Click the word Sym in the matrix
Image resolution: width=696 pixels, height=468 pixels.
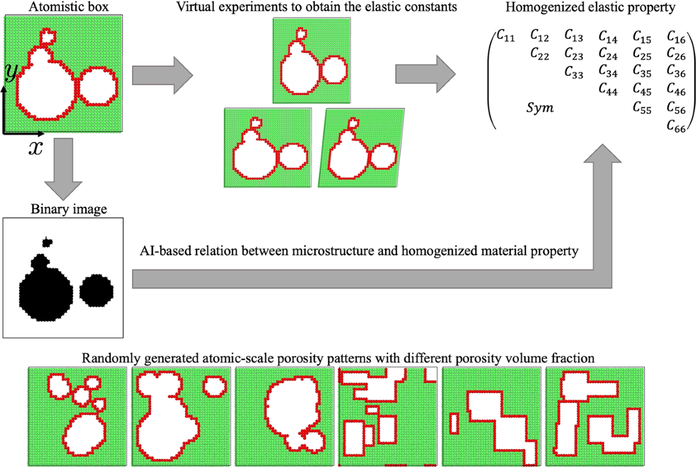(539, 107)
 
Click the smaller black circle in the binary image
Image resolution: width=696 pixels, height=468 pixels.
(97, 291)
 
